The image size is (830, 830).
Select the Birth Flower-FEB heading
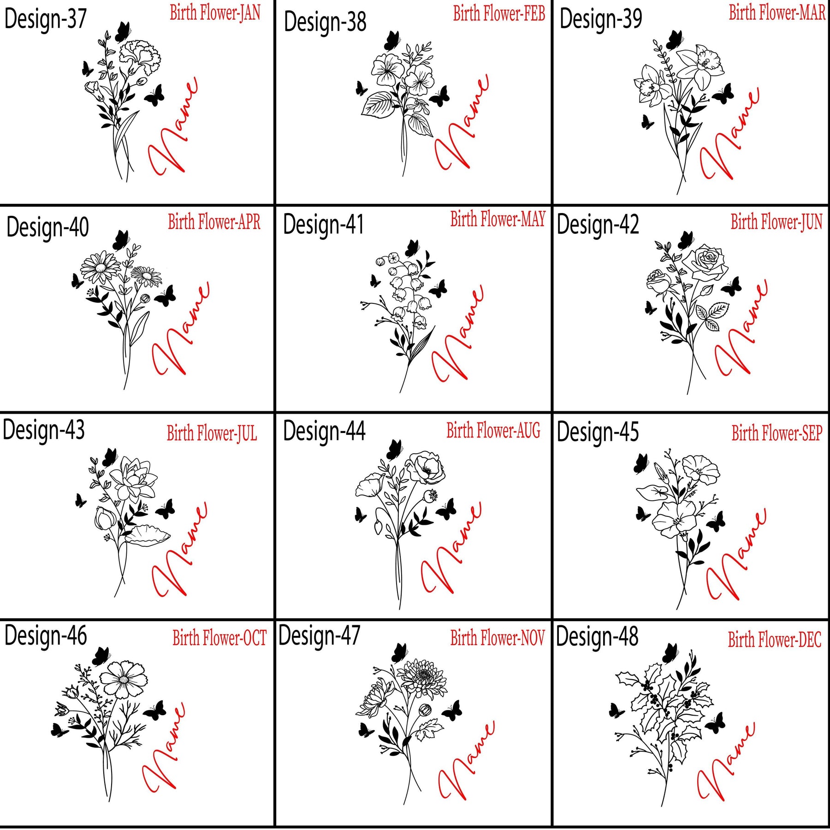tap(499, 13)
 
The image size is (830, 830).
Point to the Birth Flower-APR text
tap(214, 222)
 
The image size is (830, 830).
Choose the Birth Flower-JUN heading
tap(777, 222)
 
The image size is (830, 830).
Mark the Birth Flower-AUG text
tap(493, 430)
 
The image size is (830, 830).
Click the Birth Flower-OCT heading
tap(219, 638)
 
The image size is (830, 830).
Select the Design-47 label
tap(319, 636)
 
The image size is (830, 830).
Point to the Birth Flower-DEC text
tap(775, 640)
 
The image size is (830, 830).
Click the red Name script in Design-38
tap(462, 123)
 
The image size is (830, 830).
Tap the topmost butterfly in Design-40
tap(121, 240)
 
